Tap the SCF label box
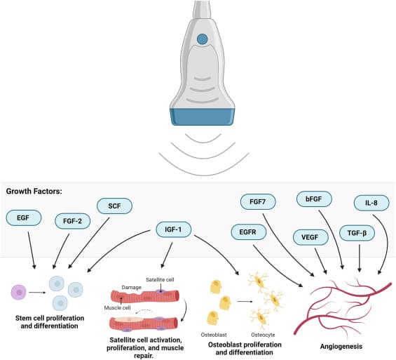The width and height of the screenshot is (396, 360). point(113,206)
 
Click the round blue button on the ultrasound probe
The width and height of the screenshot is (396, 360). point(202,39)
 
